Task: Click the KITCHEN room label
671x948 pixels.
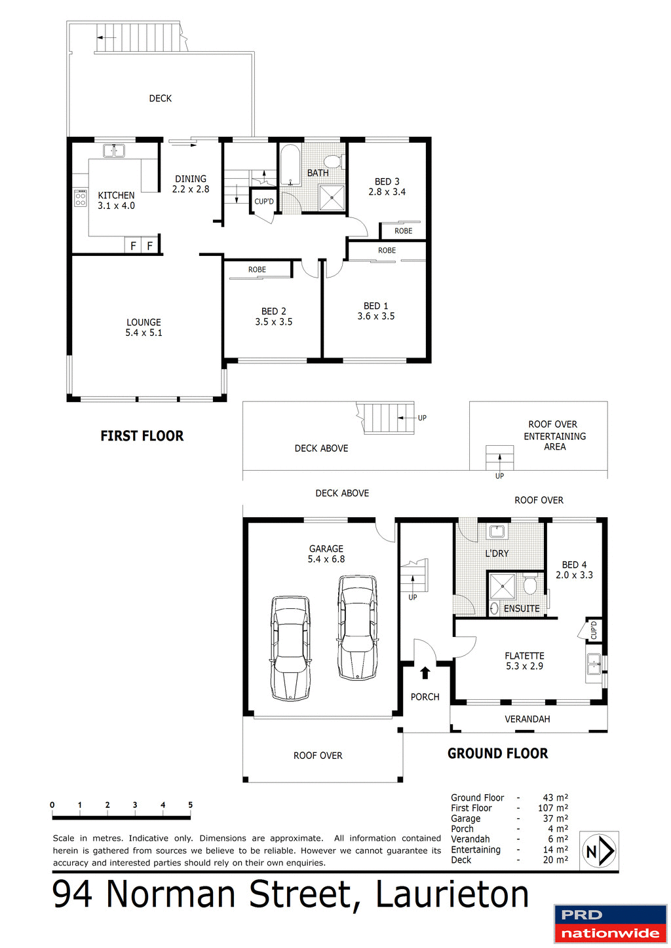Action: [x=116, y=195]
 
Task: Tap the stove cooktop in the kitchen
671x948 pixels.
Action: [x=81, y=198]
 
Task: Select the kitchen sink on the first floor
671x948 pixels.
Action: [x=114, y=151]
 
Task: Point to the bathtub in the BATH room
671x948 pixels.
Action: [x=290, y=166]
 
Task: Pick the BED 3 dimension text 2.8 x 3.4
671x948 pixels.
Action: [x=387, y=192]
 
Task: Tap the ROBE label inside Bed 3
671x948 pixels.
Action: [x=403, y=231]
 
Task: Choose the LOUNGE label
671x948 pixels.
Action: [x=144, y=322]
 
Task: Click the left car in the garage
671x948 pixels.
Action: [x=290, y=648]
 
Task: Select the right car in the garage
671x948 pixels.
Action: [x=358, y=628]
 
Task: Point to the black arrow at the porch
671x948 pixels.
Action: [x=425, y=672]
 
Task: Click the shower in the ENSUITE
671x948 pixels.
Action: [x=503, y=587]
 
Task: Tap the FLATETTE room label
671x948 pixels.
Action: [x=524, y=656]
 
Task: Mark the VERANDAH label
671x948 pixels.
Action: [x=527, y=719]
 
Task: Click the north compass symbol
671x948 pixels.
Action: [x=599, y=851]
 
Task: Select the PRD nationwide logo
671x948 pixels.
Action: [x=610, y=924]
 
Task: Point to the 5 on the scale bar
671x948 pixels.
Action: [x=191, y=805]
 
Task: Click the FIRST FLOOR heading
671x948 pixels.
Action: [x=142, y=436]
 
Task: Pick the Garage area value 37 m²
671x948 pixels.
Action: [x=555, y=818]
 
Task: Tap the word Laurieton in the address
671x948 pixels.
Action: [x=452, y=894]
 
